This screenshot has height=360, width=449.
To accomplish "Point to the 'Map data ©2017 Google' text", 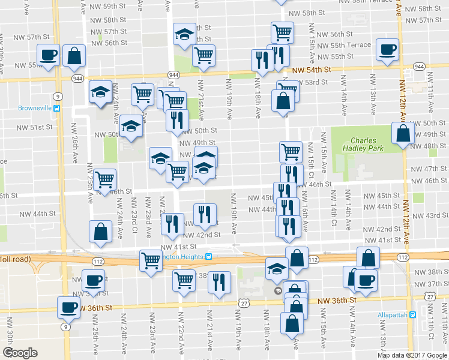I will (x=412, y=355).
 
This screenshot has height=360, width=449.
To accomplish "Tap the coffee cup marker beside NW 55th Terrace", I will (x=387, y=49).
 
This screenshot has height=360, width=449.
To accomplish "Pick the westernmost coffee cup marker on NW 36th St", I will (x=68, y=307).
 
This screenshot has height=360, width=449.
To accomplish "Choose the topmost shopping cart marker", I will (x=282, y=32).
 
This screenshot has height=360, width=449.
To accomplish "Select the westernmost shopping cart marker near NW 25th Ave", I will (x=105, y=179).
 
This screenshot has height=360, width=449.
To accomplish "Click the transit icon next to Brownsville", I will (x=57, y=109).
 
